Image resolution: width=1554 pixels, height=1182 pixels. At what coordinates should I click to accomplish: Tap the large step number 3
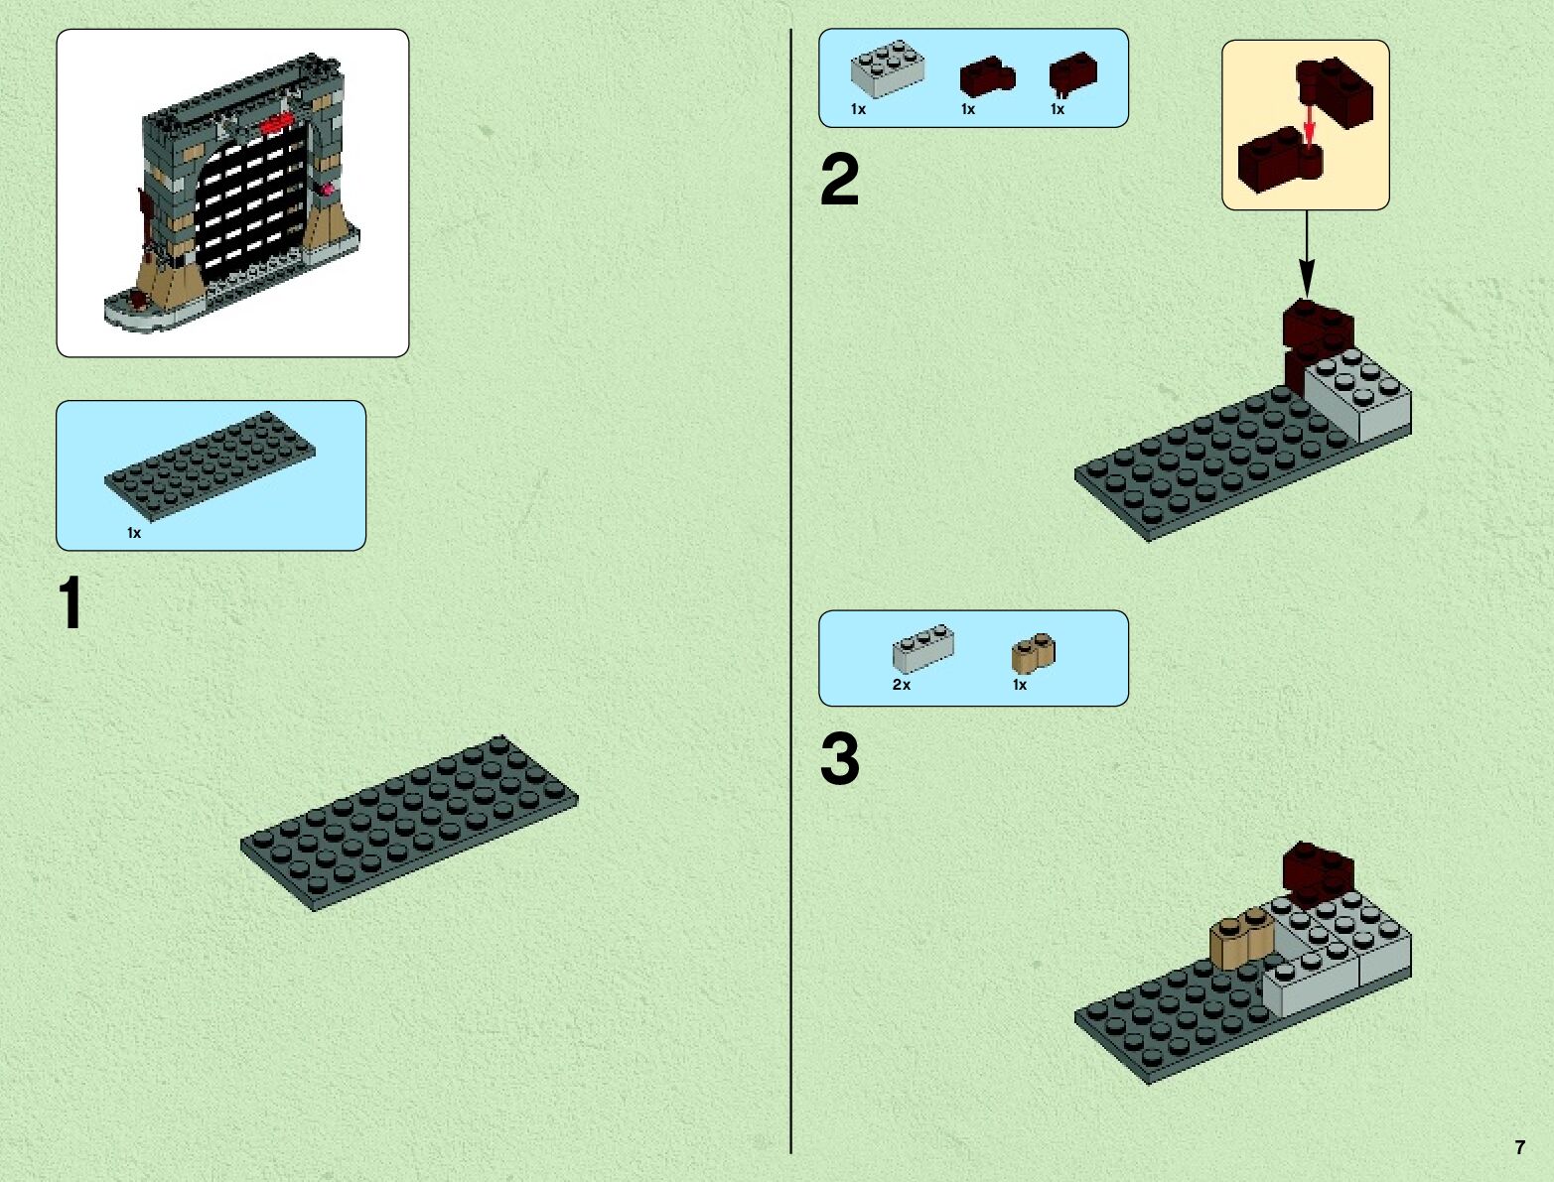point(839,761)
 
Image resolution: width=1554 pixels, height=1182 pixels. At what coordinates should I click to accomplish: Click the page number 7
point(1519,1147)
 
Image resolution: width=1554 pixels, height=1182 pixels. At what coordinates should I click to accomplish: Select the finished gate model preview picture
point(232,193)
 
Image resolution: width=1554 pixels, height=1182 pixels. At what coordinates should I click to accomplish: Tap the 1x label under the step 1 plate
point(134,533)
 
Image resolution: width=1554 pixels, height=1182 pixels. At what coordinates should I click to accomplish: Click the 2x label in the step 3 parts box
point(902,685)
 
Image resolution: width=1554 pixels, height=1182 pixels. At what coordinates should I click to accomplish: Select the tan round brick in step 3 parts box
point(1034,652)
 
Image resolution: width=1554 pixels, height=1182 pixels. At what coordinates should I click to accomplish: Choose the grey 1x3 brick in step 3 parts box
point(922,649)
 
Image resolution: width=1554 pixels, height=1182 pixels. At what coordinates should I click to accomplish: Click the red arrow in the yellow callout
point(1310,123)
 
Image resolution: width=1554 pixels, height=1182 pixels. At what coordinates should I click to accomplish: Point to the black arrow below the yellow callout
point(1307,252)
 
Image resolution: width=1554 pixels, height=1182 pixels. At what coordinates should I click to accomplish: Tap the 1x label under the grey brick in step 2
point(859,109)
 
